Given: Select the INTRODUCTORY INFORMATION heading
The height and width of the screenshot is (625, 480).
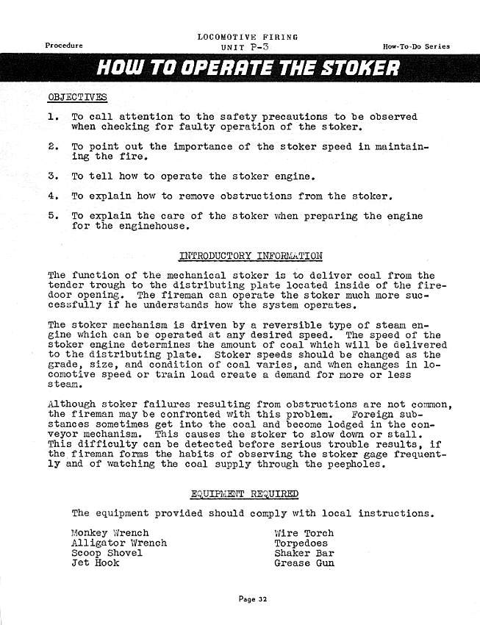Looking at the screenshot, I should pyautogui.click(x=251, y=257).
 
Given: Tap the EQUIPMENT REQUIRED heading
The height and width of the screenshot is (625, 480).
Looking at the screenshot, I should pyautogui.click(x=245, y=493).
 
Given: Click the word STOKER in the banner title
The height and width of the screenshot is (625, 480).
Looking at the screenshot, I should pyautogui.click(x=359, y=69).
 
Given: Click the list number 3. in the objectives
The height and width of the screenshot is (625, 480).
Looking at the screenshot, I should pyautogui.click(x=53, y=176).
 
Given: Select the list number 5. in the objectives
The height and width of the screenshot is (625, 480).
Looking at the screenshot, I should pyautogui.click(x=53, y=216).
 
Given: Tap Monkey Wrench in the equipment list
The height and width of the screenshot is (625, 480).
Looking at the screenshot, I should pyautogui.click(x=110, y=533).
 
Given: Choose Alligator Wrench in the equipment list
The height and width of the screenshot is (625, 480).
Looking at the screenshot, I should pyautogui.click(x=119, y=543).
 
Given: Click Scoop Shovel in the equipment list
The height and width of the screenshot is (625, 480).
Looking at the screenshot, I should pyautogui.click(x=107, y=553).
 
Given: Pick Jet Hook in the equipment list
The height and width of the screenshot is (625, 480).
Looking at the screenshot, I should pyautogui.click(x=96, y=563).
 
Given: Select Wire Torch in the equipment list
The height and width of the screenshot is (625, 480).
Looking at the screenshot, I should pyautogui.click(x=304, y=533).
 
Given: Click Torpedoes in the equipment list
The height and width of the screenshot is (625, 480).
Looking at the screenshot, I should pyautogui.click(x=301, y=543).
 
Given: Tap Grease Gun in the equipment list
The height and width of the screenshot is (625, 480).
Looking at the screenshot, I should pyautogui.click(x=304, y=563).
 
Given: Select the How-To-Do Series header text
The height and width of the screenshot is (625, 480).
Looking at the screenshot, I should pyautogui.click(x=416, y=46).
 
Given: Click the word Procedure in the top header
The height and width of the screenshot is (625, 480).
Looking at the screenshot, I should pyautogui.click(x=64, y=46).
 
